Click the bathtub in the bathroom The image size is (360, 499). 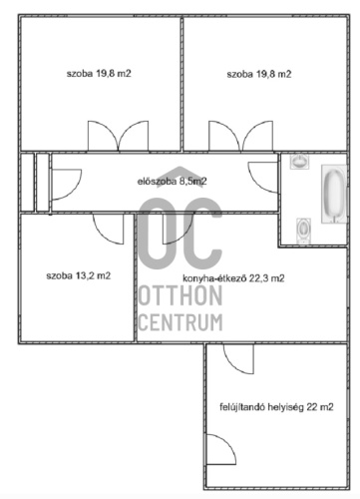[x=334, y=194]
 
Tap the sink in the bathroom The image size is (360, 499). [x=299, y=162]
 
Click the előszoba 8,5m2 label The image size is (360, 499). [x=172, y=182]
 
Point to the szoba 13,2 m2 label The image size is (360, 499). [x=79, y=275]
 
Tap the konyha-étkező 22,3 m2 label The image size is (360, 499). [x=233, y=278]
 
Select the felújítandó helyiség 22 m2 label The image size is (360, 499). [x=276, y=407]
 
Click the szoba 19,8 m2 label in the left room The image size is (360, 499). [x=99, y=74]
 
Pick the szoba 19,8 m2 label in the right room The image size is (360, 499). [x=259, y=74]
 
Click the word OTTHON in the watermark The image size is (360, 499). [x=180, y=295]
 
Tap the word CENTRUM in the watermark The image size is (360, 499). [x=180, y=322]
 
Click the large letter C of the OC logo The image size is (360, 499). [x=202, y=233]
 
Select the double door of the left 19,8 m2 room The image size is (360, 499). [x=118, y=136]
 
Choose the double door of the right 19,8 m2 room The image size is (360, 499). [x=240, y=136]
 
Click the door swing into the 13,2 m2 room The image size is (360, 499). [x=109, y=229]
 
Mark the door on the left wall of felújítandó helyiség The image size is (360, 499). [x=221, y=449]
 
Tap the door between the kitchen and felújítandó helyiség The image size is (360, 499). [x=238, y=359]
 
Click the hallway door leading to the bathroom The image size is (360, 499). [x=263, y=177]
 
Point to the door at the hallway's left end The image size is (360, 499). [x=67, y=185]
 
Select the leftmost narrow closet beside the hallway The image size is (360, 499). [x=27, y=182]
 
